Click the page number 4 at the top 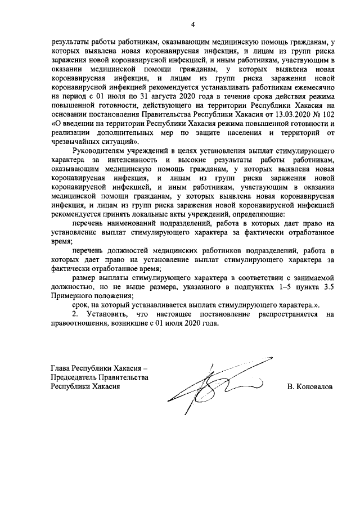(x=193, y=24)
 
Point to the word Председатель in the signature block (x=75, y=377)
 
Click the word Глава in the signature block (x=62, y=368)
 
